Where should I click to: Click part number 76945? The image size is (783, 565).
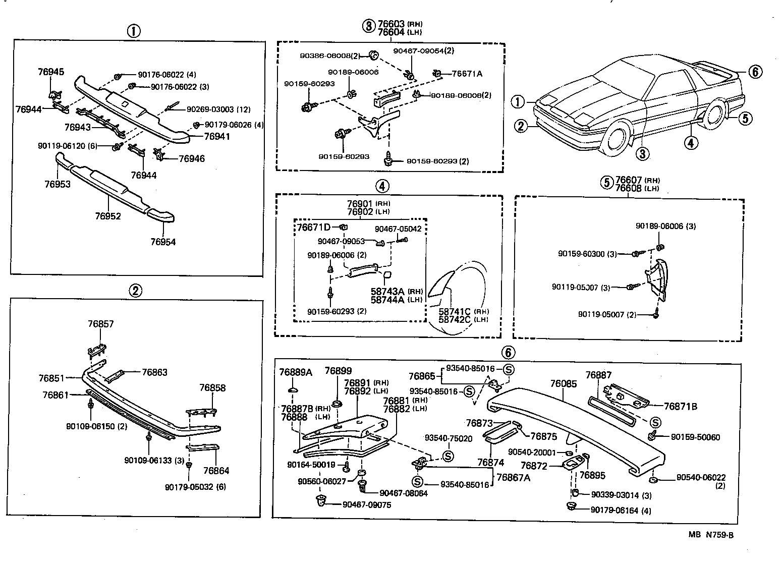point(51,72)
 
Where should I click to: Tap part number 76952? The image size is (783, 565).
point(108,216)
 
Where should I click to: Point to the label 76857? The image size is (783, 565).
point(100,324)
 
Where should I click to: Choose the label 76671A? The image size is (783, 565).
point(467,74)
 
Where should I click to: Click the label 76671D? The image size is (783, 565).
point(313,228)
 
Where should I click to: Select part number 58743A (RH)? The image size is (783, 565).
point(397,292)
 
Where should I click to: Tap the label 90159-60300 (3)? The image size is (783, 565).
point(587,254)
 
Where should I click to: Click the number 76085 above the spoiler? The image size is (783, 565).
point(563,384)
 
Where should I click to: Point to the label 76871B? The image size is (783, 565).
point(680,406)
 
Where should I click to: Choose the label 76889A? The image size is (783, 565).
point(296,372)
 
